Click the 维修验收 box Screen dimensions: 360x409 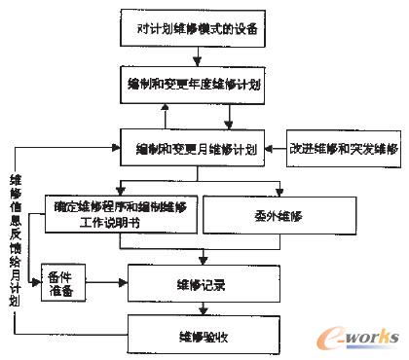pos(202,336)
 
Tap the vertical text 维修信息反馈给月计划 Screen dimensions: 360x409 pos(16,239)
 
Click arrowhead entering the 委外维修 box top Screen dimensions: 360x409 pos(280,194)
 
